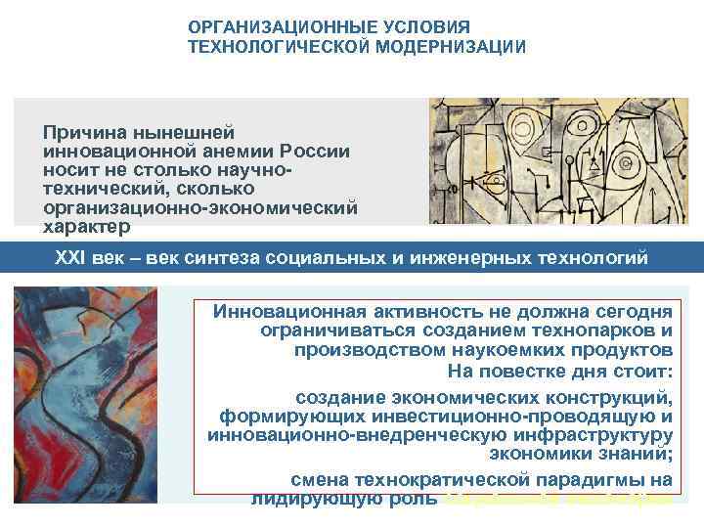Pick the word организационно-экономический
[200, 208]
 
